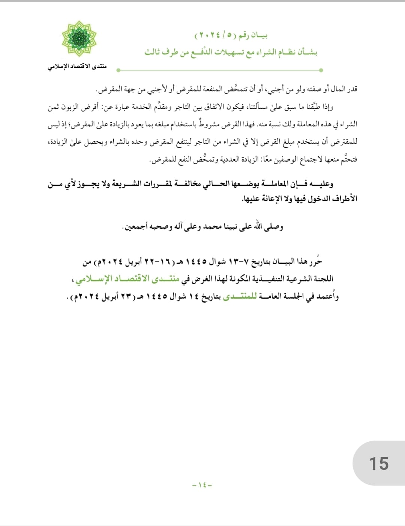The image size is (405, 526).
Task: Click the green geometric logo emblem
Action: pos(79,39)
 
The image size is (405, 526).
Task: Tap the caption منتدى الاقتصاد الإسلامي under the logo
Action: pos(77,67)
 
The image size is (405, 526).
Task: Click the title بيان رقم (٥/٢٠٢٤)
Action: pos(231,36)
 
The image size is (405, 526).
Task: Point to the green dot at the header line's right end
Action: pos(321,70)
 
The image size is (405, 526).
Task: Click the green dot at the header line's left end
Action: pos(118,70)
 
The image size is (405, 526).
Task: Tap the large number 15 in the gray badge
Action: pos(379,464)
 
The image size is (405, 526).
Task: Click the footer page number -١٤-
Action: pos(202,485)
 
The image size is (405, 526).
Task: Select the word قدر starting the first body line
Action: pos(352,89)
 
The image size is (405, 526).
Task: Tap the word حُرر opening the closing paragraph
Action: pos(315,261)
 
